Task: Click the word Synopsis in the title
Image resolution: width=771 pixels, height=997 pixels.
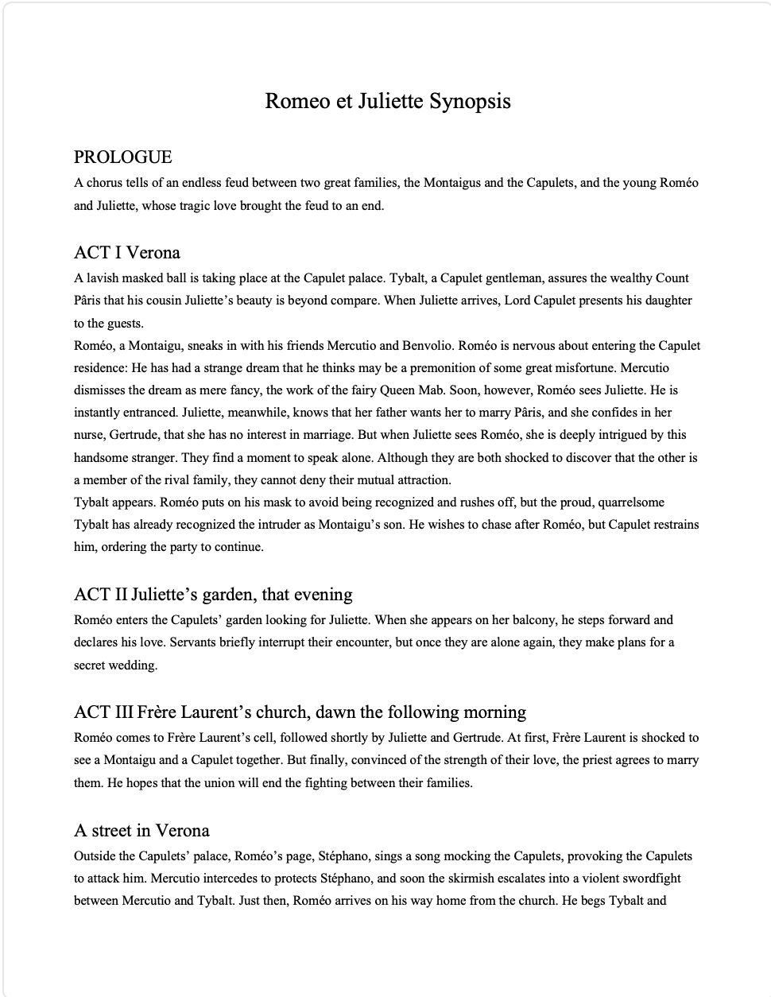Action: click(x=470, y=102)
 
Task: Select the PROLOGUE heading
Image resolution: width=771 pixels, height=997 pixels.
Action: click(x=123, y=157)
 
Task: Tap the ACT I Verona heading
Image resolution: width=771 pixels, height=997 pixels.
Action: click(x=127, y=253)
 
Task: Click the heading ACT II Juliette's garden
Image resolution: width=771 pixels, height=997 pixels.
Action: click(x=213, y=595)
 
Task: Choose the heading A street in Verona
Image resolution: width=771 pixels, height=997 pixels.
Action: click(x=141, y=831)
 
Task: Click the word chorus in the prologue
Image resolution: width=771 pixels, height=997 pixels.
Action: click(x=104, y=183)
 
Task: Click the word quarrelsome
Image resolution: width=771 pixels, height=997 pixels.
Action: click(x=630, y=502)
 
